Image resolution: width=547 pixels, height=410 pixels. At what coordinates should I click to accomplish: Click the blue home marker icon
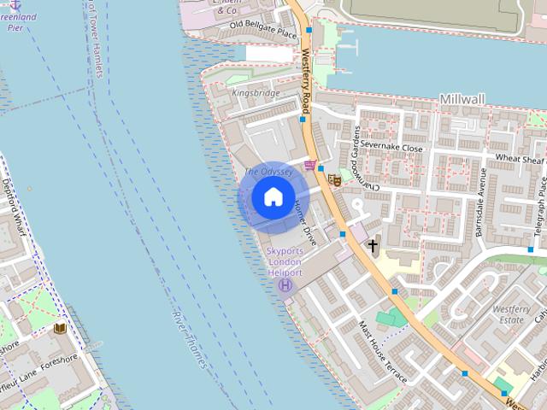pos(273,197)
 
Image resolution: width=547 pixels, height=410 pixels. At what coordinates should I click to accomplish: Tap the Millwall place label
pos(462,100)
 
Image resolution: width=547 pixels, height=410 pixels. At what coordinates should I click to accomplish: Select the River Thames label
pos(190,340)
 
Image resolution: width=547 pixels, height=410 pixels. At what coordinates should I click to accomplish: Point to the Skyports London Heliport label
pos(285,261)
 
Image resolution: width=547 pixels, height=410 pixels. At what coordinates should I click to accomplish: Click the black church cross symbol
pos(372,246)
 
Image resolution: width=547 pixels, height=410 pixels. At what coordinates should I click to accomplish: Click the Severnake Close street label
pos(391,148)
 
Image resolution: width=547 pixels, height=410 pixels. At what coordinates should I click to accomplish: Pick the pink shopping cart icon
pos(309,164)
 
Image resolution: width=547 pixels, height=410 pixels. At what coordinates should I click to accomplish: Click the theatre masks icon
pos(334,180)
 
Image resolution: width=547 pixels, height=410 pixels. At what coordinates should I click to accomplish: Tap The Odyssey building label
pos(268,172)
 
